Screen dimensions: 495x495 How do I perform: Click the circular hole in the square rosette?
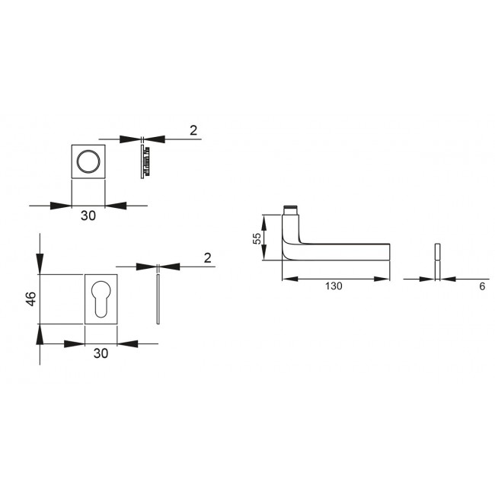tap(88, 161)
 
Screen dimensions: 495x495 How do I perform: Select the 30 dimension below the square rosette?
tap(88, 216)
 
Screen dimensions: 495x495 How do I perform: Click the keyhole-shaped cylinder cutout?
tap(101, 298)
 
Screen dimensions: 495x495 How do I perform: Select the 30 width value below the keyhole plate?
tap(101, 353)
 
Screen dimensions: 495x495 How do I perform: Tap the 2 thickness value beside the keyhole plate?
tap(208, 258)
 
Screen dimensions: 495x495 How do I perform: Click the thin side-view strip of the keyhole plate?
tap(157, 298)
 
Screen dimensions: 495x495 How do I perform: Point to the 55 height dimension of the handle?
tap(257, 238)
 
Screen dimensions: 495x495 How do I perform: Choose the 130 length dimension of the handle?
tap(334, 286)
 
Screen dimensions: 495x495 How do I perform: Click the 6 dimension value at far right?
tap(482, 286)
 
